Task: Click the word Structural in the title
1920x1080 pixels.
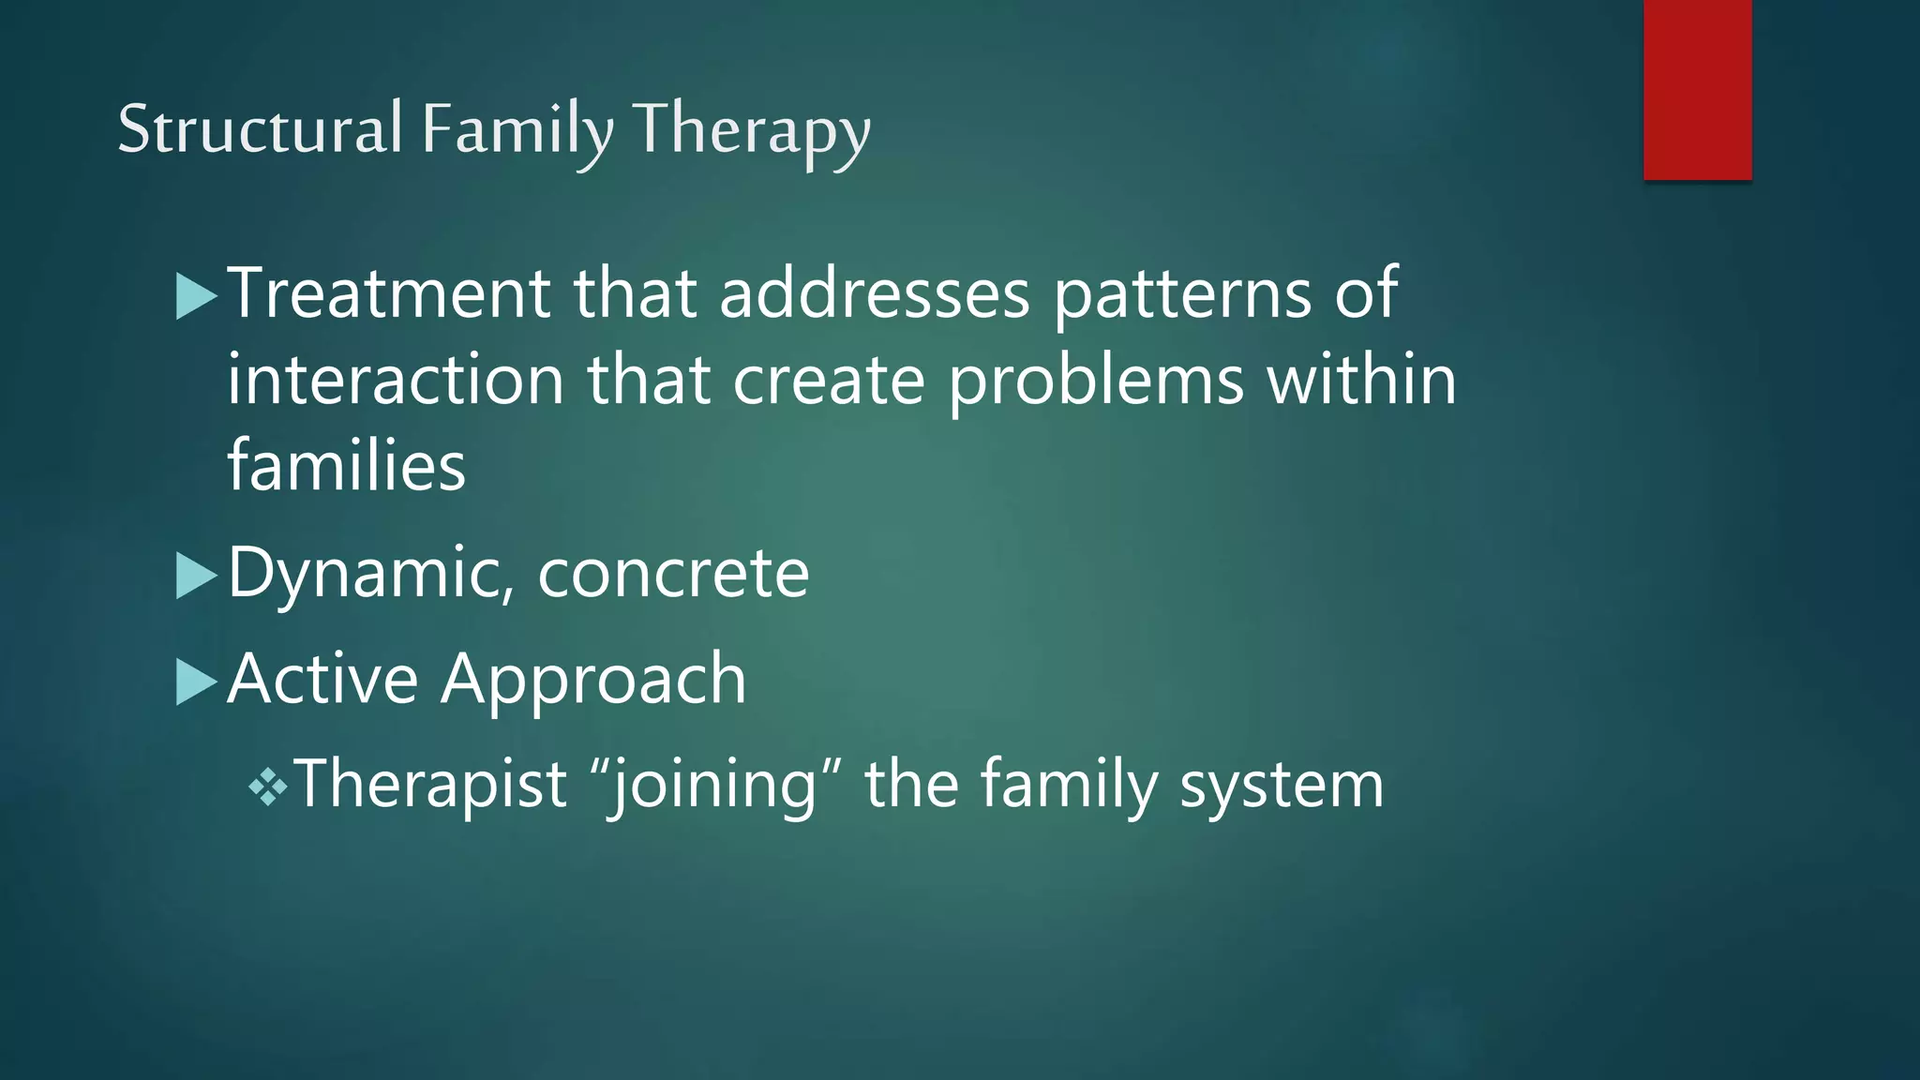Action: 260,129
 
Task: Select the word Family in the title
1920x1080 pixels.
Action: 517,131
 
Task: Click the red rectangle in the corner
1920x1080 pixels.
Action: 1697,89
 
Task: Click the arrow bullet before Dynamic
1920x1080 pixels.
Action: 196,575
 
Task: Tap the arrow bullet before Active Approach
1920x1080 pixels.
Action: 196,682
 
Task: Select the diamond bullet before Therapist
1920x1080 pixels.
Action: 268,787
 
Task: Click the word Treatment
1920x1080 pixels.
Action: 389,293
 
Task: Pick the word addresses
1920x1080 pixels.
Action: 875,293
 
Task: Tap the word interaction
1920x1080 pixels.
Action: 396,380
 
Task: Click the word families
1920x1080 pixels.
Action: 346,465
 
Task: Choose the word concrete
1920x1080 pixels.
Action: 673,573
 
